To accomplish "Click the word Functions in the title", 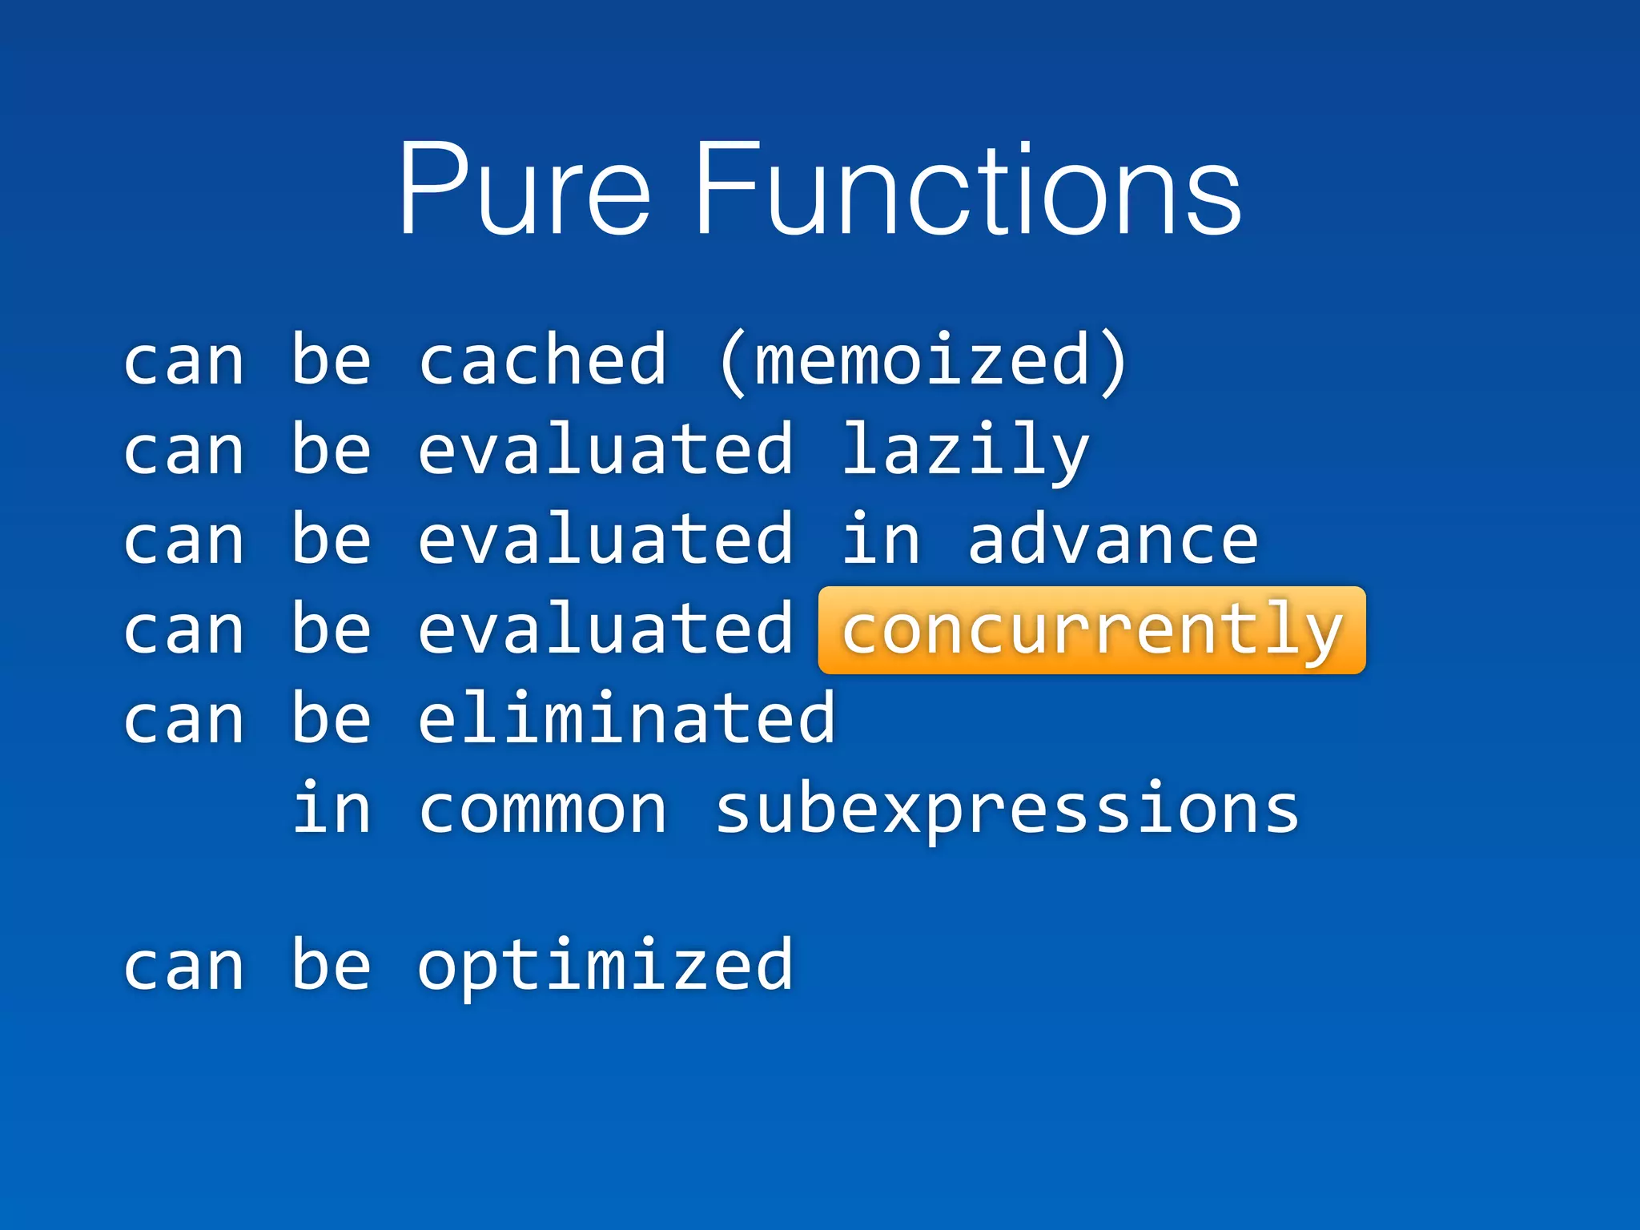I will click(x=967, y=191).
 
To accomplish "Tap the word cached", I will click(x=542, y=361).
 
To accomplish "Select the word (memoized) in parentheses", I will click(x=922, y=361).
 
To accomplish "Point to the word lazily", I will click(x=965, y=451).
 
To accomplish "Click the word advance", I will click(x=1112, y=541).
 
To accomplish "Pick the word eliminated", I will click(x=627, y=719).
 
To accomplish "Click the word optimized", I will click(x=605, y=967).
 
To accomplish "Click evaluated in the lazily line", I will click(x=605, y=451).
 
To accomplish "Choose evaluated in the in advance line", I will click(x=605, y=541).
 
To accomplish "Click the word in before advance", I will click(x=880, y=541).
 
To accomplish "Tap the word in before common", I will click(x=332, y=809).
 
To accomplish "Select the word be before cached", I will click(x=332, y=360).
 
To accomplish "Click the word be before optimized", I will click(x=332, y=965).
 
